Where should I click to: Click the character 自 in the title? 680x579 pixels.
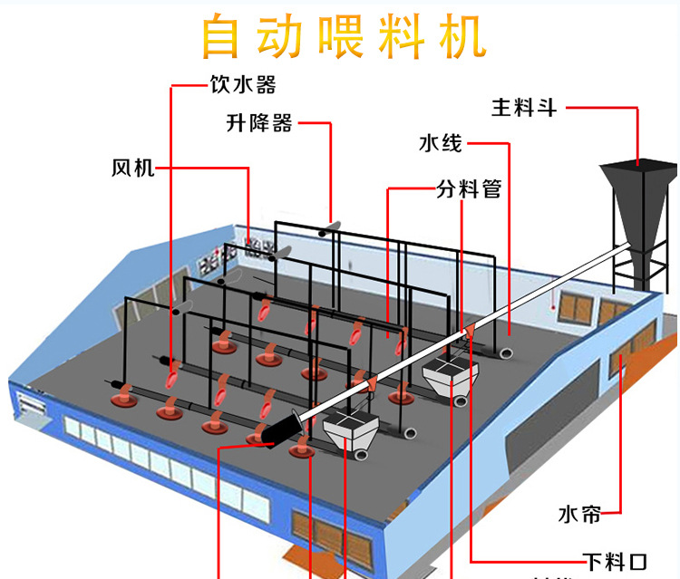coord(226,37)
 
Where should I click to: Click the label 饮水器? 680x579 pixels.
coord(242,86)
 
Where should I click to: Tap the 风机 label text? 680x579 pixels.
coord(133,168)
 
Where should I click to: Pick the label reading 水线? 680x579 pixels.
coord(441,143)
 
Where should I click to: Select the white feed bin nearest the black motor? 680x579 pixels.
coord(349,430)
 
